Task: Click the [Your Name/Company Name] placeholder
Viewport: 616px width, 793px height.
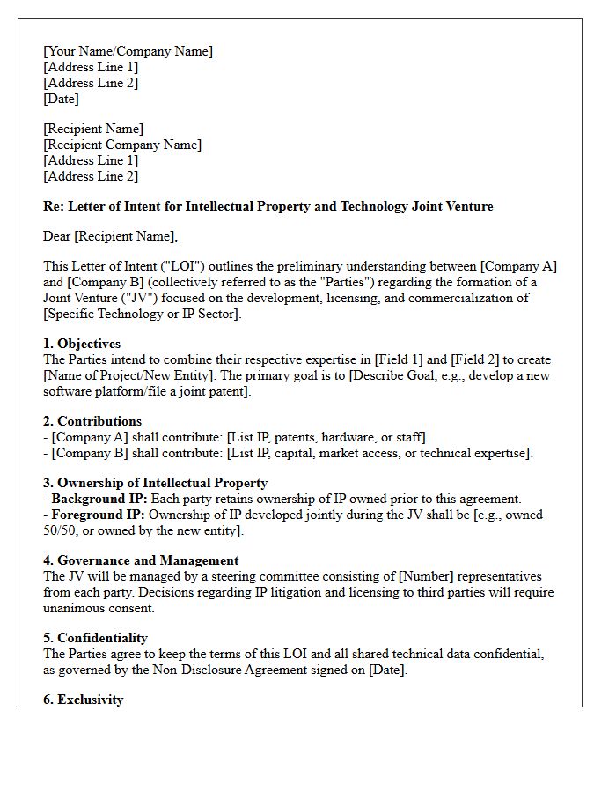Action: (128, 51)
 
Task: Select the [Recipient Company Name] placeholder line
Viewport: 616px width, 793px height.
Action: (122, 145)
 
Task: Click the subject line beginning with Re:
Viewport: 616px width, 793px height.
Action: (268, 206)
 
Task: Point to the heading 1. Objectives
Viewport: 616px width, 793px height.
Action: (82, 344)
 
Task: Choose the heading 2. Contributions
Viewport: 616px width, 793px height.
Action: (92, 421)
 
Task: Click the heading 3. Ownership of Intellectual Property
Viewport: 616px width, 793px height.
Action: (155, 483)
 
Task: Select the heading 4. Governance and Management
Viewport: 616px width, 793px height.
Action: (141, 560)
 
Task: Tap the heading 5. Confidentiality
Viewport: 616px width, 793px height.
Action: (95, 638)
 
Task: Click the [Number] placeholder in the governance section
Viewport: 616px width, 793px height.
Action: (427, 576)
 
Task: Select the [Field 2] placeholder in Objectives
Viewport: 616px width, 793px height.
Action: (479, 359)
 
